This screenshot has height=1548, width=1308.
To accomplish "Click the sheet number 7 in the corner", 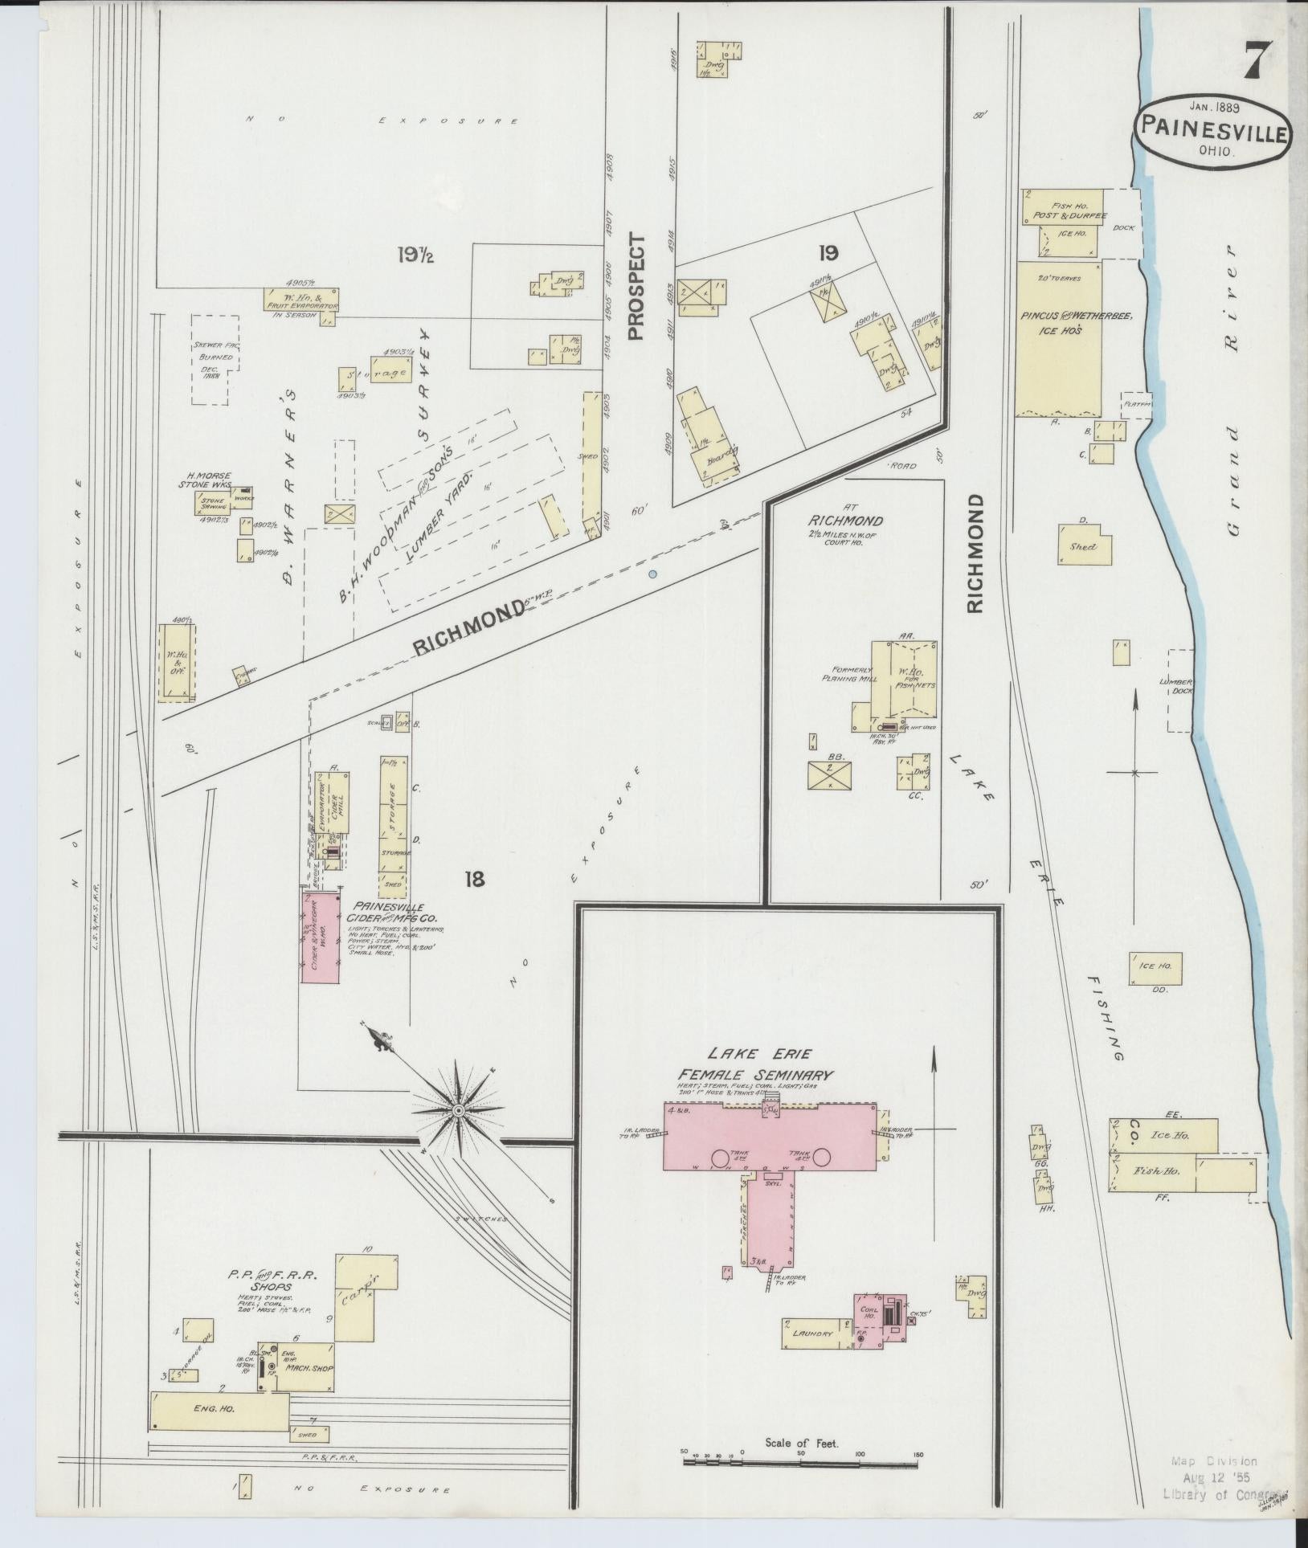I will click(x=1257, y=59).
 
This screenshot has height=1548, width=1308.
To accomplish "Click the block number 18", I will click(x=474, y=879).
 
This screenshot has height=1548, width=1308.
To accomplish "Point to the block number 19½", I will click(x=415, y=255).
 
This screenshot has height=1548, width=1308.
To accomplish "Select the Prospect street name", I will click(x=637, y=287).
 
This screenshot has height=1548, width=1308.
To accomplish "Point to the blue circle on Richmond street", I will click(x=652, y=574).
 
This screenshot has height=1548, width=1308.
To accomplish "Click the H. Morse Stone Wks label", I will click(x=209, y=480).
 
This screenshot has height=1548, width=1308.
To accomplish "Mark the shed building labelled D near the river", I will click(x=1085, y=545).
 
